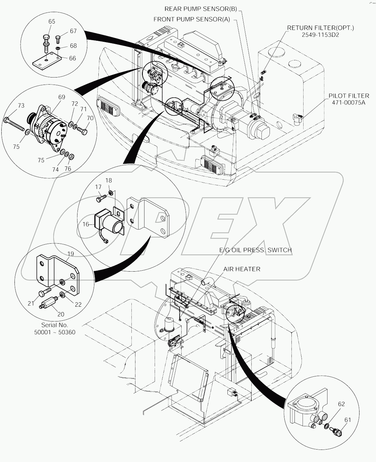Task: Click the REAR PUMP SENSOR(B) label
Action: [x=203, y=9]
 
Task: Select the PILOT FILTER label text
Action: [x=349, y=96]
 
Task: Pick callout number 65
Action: [x=52, y=21]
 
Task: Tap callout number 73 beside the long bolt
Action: [x=21, y=105]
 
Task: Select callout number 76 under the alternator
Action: [x=68, y=168]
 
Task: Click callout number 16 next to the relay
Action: [x=86, y=224]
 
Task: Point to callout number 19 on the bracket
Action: [x=70, y=254]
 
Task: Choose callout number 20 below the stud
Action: [x=61, y=314]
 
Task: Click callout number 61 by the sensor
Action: [x=347, y=420]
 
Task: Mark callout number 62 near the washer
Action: [x=341, y=404]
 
